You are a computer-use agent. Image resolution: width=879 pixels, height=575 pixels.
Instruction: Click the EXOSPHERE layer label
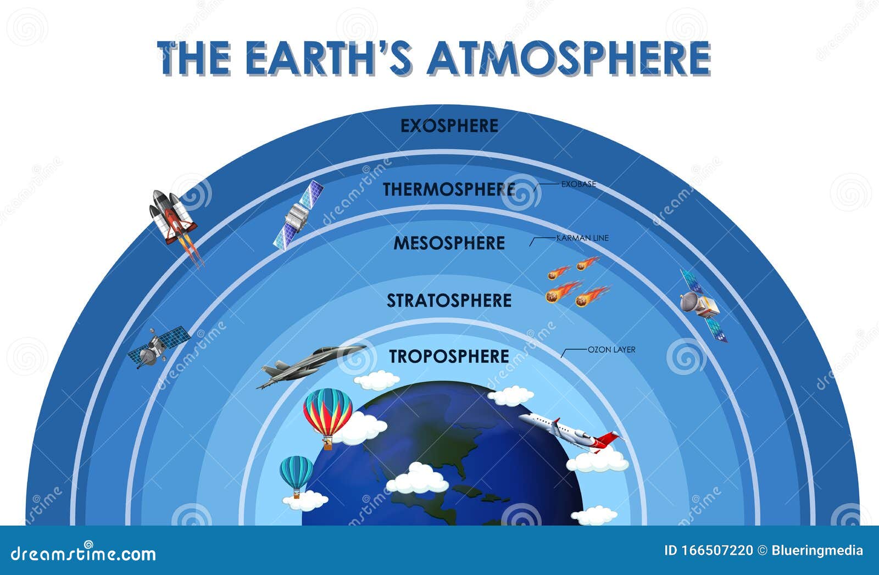[449, 126]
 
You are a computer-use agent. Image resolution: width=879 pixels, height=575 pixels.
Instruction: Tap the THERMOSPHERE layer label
[449, 189]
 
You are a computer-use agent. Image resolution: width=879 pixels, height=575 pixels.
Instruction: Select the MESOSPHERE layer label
[449, 243]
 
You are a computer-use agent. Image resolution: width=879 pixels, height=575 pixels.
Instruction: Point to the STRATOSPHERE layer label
[449, 300]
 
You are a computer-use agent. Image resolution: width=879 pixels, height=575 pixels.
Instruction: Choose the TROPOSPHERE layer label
[449, 356]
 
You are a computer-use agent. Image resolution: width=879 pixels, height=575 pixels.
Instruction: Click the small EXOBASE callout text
[578, 185]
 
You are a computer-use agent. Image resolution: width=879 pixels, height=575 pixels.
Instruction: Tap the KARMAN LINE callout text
[582, 238]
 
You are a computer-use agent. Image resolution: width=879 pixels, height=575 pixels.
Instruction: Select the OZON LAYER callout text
[611, 350]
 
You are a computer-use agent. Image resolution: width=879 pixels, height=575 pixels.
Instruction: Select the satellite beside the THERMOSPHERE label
[299, 215]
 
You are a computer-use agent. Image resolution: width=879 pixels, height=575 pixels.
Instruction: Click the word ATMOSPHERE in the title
[569, 58]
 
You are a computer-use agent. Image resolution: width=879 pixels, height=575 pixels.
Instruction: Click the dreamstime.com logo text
[84, 554]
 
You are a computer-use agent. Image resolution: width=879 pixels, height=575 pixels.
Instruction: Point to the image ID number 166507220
[717, 551]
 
